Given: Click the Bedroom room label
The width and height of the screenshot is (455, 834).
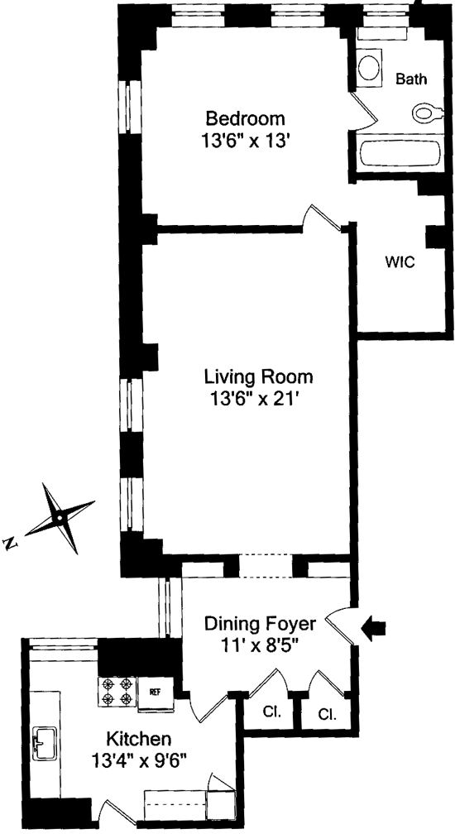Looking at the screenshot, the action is point(246,117).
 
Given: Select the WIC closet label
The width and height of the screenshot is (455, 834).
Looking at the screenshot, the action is point(400,262).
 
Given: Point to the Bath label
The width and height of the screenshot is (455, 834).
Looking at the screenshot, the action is point(411,79).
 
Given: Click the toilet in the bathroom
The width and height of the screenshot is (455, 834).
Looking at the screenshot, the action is point(427,113).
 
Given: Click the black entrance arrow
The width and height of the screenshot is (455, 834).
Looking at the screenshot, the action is point(374,628).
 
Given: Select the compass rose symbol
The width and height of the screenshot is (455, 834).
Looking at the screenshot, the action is point(60,518).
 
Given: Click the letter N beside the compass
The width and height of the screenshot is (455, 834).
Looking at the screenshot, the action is point(11,543).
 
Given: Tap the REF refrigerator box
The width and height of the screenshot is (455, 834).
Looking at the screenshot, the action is point(156,692).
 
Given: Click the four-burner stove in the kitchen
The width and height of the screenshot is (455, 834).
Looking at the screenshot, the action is point(117,692).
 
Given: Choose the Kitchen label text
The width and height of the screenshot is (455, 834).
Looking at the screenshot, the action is point(139,739).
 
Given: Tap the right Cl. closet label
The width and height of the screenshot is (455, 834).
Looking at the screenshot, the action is point(328,713).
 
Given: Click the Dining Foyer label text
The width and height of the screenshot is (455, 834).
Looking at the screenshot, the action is point(261,623).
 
